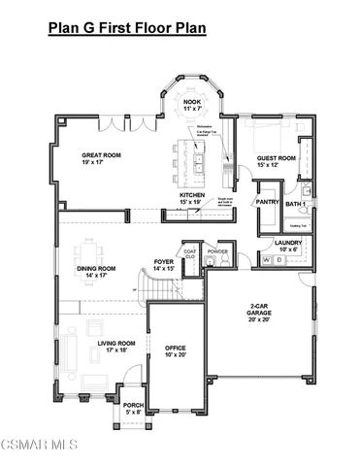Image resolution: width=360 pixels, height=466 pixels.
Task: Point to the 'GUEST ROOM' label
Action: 277,158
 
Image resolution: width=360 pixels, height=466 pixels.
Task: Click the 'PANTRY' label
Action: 268,202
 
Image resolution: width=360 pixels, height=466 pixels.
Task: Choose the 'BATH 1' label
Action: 297,204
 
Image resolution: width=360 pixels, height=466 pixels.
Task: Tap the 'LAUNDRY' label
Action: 287,244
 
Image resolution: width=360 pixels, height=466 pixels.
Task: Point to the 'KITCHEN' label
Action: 192,197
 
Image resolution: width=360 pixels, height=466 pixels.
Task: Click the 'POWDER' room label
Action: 217,250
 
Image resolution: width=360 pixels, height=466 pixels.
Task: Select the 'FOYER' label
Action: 163,264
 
